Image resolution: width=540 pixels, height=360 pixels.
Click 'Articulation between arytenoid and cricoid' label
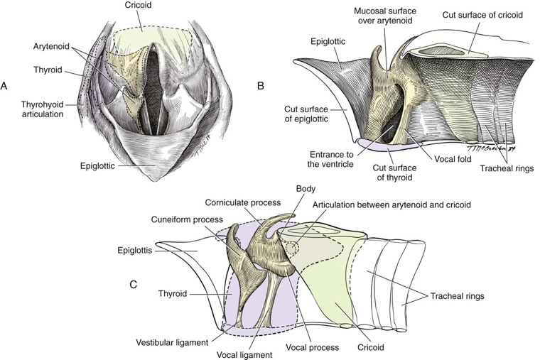(x=390, y=204)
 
